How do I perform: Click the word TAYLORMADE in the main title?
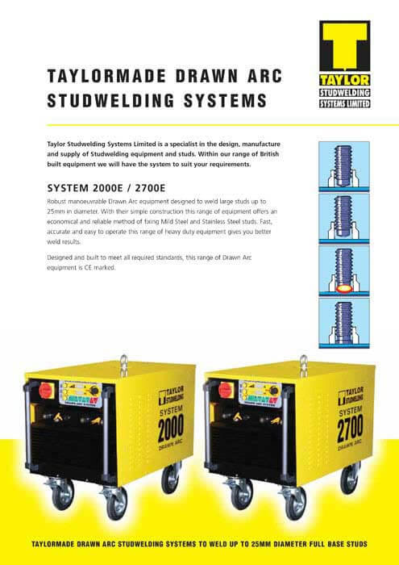tap(106, 76)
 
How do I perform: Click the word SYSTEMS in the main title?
tap(225, 101)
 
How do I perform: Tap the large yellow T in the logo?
tap(345, 46)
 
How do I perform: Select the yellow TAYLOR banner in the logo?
tap(345, 80)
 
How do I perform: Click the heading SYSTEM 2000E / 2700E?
tap(106, 188)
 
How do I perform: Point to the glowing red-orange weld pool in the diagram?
tap(344, 289)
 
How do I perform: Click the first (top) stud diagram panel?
tap(344, 166)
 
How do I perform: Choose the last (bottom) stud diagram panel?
tap(344, 323)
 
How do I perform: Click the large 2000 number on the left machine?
tap(171, 428)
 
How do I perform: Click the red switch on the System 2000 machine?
tap(46, 390)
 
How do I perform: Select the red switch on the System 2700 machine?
tap(226, 390)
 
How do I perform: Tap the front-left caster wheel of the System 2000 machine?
tap(63, 494)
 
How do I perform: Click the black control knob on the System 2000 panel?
tap(94, 391)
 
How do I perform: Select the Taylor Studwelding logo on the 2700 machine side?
tap(351, 397)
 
